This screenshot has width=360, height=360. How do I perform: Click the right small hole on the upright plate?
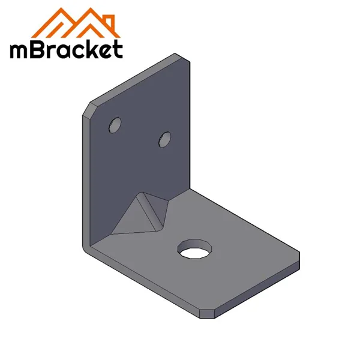pyautogui.click(x=164, y=140)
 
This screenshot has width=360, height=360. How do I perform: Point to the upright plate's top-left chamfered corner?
pyautogui.click(x=91, y=109)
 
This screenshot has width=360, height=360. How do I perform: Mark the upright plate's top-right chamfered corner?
pyautogui.click(x=180, y=56)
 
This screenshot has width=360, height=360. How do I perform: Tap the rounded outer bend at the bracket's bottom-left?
pyautogui.click(x=86, y=246)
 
